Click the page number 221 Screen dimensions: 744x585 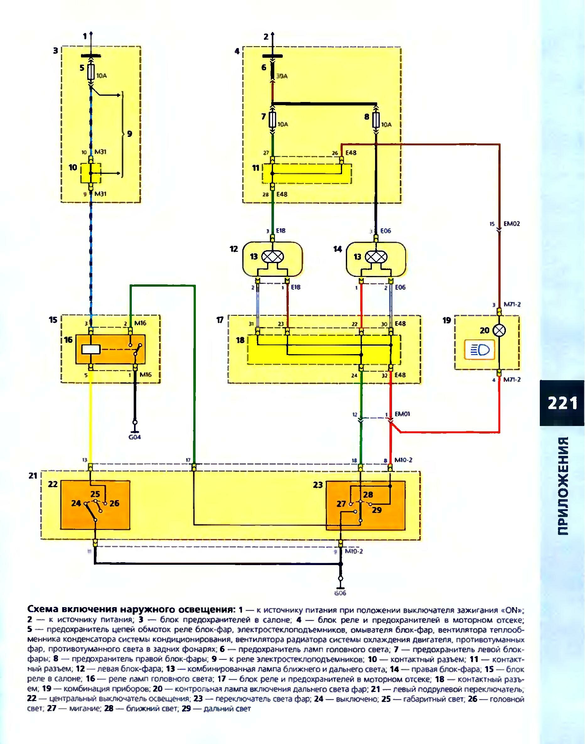click(x=562, y=403)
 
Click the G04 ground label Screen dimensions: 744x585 click(x=135, y=437)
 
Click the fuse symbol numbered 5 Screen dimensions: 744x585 click(x=91, y=73)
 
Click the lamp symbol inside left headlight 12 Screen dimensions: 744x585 click(x=273, y=256)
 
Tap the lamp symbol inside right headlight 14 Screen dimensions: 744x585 click(x=376, y=256)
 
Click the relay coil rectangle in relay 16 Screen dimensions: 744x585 click(x=91, y=349)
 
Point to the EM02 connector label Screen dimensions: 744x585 click(x=512, y=224)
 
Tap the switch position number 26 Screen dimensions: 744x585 click(x=115, y=503)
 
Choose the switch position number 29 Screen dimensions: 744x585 click(x=376, y=510)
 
